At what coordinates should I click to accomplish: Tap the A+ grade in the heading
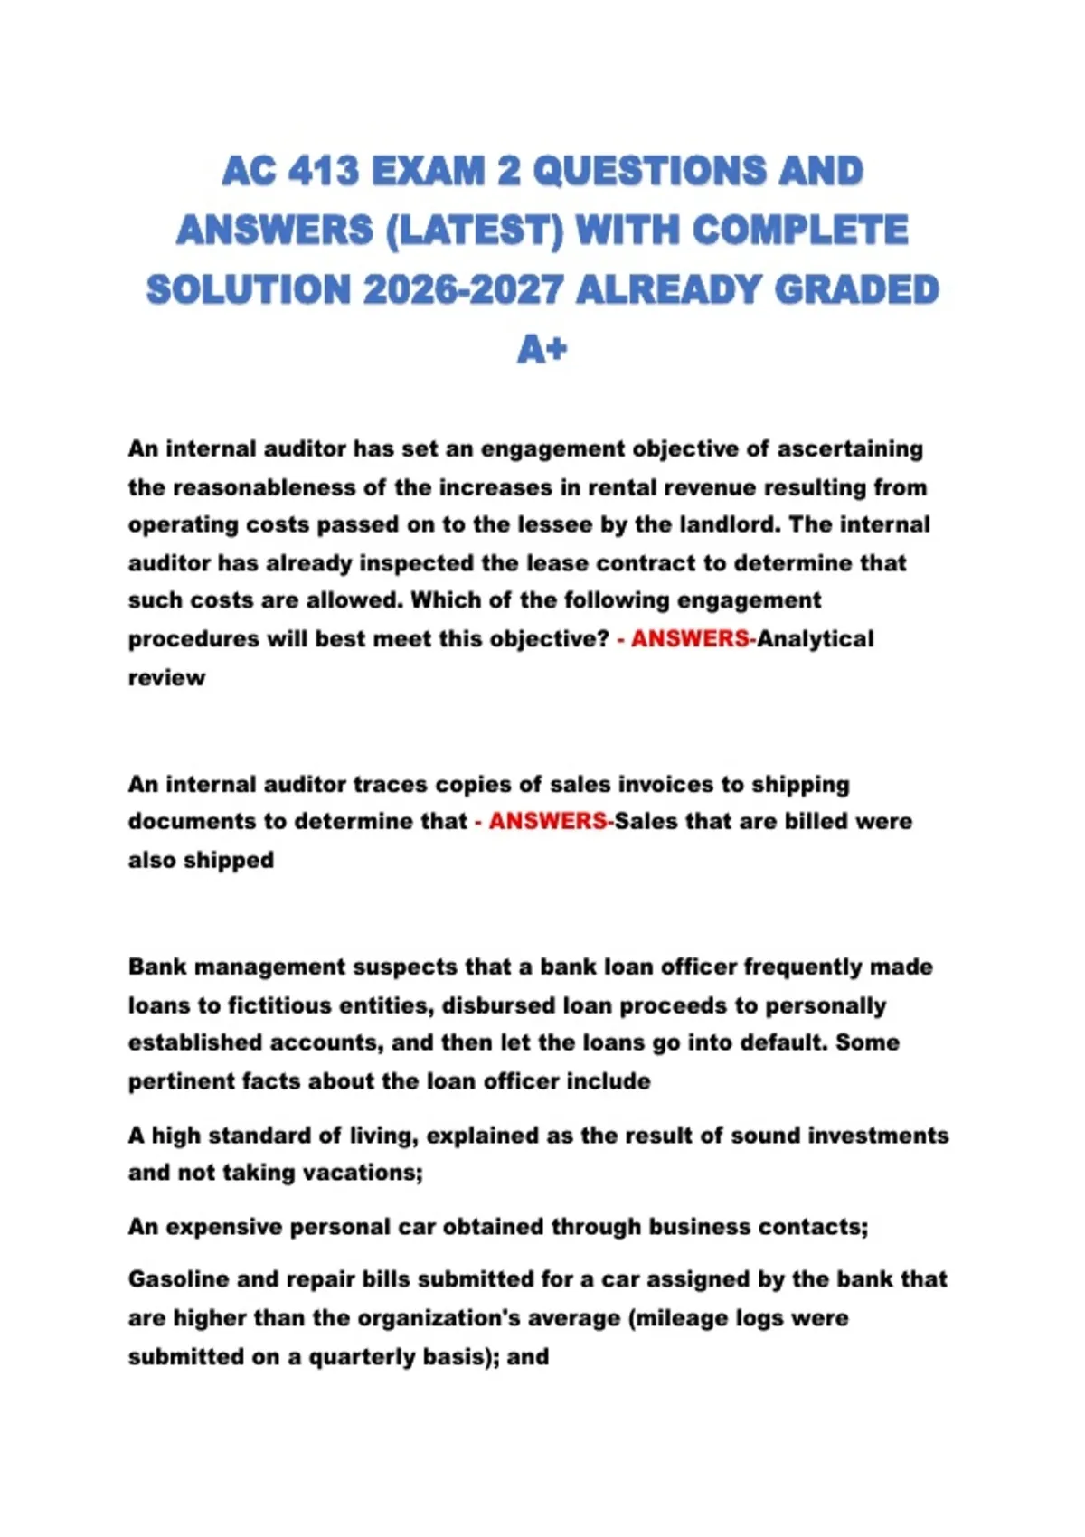tap(542, 348)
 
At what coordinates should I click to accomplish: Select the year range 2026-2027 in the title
tap(463, 289)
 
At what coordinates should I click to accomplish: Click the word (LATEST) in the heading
tap(473, 230)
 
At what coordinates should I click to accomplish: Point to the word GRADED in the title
tap(856, 289)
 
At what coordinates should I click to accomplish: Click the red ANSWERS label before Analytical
tap(690, 638)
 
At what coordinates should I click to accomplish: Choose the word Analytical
tap(816, 638)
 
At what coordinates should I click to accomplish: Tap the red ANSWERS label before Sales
tap(548, 821)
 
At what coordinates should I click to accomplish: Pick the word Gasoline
tap(178, 1278)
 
